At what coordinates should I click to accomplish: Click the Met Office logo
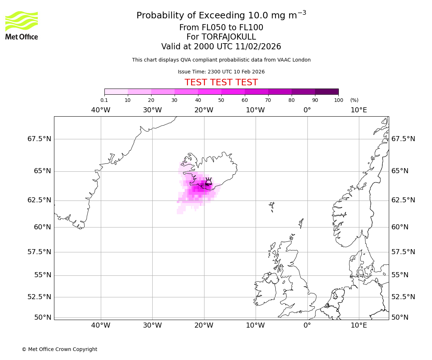[x=22, y=25]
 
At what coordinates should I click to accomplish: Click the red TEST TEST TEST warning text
[x=221, y=83]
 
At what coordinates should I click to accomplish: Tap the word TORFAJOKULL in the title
[x=229, y=37]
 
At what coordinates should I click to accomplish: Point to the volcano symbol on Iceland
[x=208, y=181]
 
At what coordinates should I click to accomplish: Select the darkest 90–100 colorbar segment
[x=327, y=91]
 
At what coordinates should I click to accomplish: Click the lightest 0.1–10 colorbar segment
[x=116, y=91]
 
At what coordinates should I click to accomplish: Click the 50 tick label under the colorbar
[x=221, y=100]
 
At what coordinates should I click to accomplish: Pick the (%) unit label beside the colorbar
[x=354, y=100]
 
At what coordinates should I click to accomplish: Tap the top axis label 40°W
[x=101, y=110]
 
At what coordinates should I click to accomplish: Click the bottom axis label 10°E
[x=359, y=325]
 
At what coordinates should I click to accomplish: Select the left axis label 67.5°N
[x=39, y=139]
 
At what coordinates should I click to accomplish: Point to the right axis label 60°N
[x=400, y=227]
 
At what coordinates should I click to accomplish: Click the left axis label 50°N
[x=42, y=318]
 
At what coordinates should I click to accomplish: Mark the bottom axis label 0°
[x=307, y=325]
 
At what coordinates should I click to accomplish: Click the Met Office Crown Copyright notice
[x=59, y=349]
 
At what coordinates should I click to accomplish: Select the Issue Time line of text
[x=221, y=72]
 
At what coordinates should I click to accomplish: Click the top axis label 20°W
[x=204, y=110]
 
